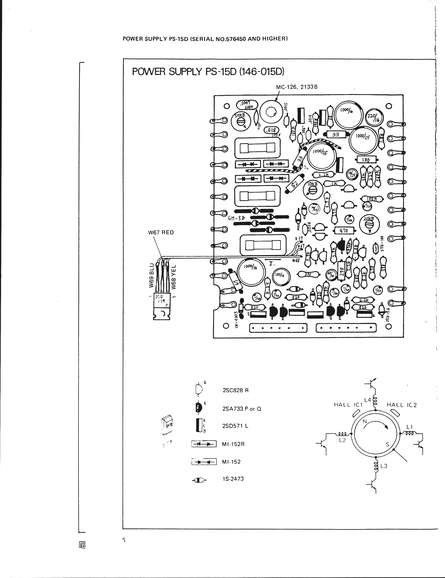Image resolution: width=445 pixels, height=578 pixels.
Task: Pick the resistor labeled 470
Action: point(344,230)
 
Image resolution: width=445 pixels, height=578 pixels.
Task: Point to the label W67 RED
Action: point(161,232)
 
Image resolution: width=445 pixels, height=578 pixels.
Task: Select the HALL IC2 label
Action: point(402,405)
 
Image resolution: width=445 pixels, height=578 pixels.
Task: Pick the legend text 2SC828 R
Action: point(236,390)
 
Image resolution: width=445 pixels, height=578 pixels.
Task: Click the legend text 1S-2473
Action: point(233,478)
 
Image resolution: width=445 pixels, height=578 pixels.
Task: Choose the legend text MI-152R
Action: point(233,444)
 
